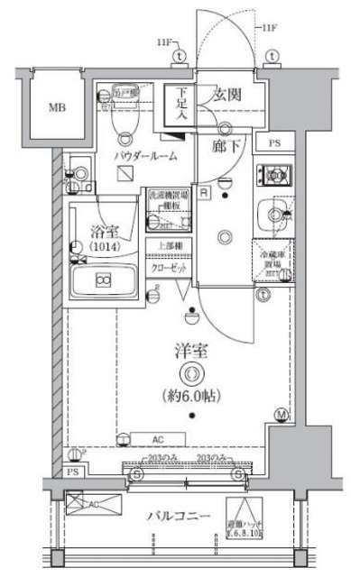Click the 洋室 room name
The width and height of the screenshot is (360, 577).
190,353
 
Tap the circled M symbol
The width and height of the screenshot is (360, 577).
281,416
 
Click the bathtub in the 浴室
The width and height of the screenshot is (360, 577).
103,282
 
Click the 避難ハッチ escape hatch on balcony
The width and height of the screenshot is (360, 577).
246,518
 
